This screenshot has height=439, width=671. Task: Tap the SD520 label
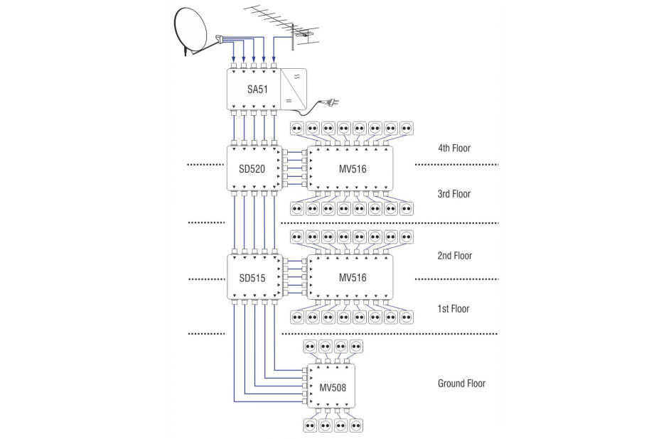pyautogui.click(x=252, y=168)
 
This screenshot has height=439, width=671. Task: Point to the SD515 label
pyautogui.click(x=252, y=278)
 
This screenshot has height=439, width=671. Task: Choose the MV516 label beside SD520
pyautogui.click(x=353, y=168)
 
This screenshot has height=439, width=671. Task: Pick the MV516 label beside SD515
pyautogui.click(x=353, y=278)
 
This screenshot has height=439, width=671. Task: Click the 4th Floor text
pyautogui.click(x=454, y=148)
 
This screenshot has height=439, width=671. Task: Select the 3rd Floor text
pyautogui.click(x=454, y=194)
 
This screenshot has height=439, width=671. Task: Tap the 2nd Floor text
pyautogui.click(x=455, y=256)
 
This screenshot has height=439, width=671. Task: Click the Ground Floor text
pyautogui.click(x=461, y=384)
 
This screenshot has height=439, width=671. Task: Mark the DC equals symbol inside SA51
pyautogui.click(x=289, y=102)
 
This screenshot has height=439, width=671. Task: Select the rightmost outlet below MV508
pyautogui.click(x=358, y=426)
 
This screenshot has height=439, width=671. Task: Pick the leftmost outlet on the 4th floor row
pyautogui.click(x=297, y=129)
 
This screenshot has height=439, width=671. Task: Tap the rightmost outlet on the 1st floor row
pyautogui.click(x=406, y=316)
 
